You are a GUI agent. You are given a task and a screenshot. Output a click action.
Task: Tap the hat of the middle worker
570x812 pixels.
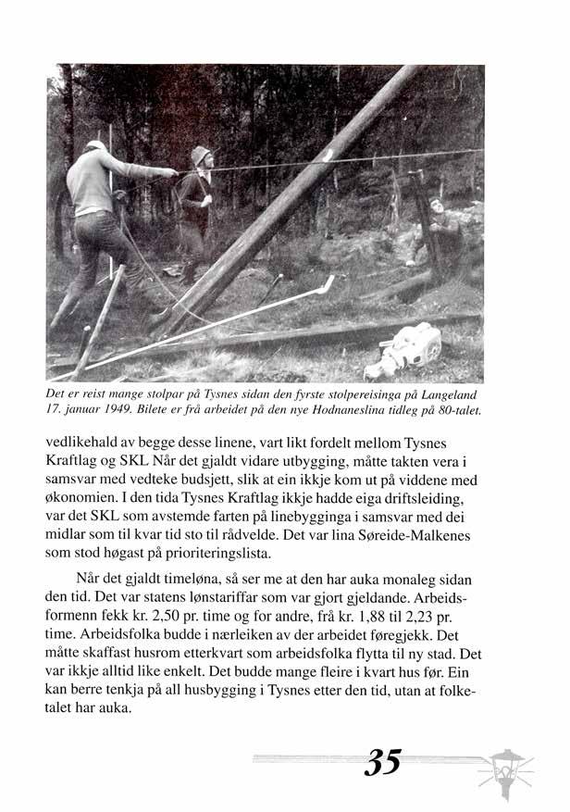click(201, 155)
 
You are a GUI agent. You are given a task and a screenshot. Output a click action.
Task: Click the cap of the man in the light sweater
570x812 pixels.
click(95, 145)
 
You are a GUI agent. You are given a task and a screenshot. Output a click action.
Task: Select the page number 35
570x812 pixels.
click(382, 762)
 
